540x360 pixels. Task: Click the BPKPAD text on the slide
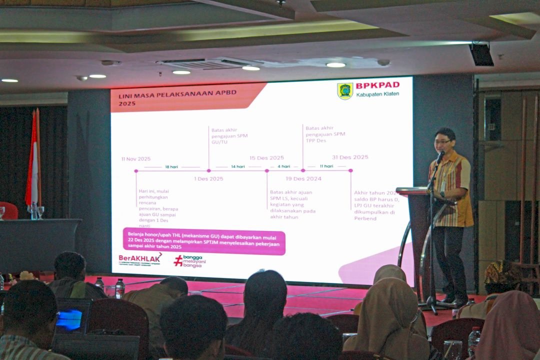tap(377, 85)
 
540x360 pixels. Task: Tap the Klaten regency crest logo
tap(345, 91)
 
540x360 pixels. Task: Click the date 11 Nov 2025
tap(135, 159)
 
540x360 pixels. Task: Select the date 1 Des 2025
tap(208, 178)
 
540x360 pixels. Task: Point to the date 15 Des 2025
tap(266, 158)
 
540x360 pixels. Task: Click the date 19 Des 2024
tap(303, 178)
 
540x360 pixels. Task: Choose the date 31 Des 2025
tap(350, 157)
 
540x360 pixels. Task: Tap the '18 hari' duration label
tap(171, 166)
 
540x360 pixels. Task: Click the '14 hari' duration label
tap(237, 166)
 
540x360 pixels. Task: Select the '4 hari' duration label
tap(283, 166)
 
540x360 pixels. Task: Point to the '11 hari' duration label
tap(326, 166)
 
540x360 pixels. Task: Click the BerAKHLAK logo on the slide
tap(140, 259)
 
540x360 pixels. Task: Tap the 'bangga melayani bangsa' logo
tap(190, 261)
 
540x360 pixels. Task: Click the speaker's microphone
tap(440, 156)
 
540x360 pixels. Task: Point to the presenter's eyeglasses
tap(442, 142)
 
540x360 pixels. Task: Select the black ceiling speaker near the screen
tap(481, 54)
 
